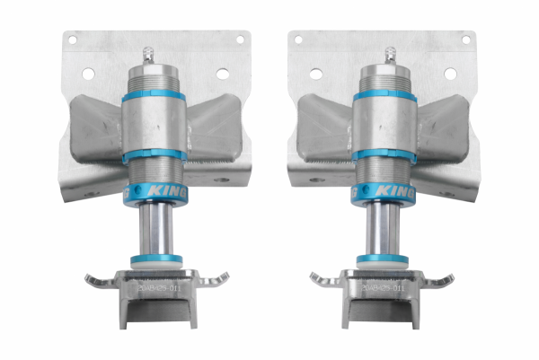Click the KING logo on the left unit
pyautogui.click(x=161, y=191)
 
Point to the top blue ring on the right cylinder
pyautogui.click(x=385, y=96)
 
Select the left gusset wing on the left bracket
pyautogui.click(x=94, y=126)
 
